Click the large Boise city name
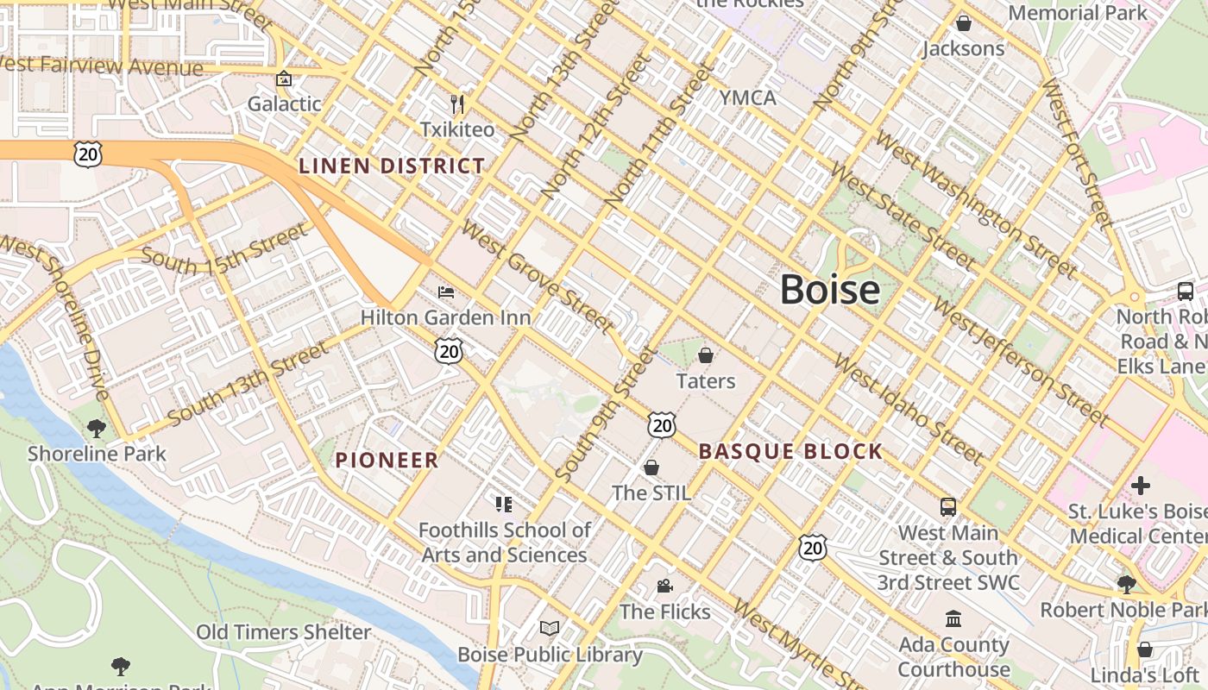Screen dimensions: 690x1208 pos(830,290)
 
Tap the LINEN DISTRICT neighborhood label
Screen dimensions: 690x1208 pos(392,166)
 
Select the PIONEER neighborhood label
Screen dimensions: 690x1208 pos(387,460)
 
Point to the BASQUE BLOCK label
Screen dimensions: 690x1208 pos(790,451)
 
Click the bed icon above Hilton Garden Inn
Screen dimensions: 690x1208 pos(446,292)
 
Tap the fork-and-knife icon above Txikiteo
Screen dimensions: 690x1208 pos(457,104)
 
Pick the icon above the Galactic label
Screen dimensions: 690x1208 pos(284,79)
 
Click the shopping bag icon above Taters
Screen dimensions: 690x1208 pos(706,355)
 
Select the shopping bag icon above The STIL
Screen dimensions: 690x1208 pos(651,467)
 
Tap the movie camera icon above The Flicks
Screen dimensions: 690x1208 pos(664,586)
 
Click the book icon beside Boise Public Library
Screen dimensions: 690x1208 pos(550,628)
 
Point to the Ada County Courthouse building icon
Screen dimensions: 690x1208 pos(953,618)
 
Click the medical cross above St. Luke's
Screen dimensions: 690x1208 pos(1140,485)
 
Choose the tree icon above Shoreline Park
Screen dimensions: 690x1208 pos(97,428)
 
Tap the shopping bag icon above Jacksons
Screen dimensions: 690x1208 pos(964,23)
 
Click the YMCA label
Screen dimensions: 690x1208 pos(748,97)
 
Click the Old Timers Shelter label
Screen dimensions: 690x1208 pos(284,632)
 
